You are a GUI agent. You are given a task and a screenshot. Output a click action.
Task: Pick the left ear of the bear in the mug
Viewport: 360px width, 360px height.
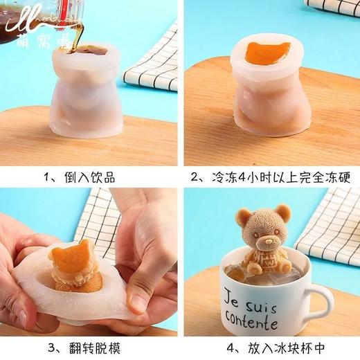click(242, 215)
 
